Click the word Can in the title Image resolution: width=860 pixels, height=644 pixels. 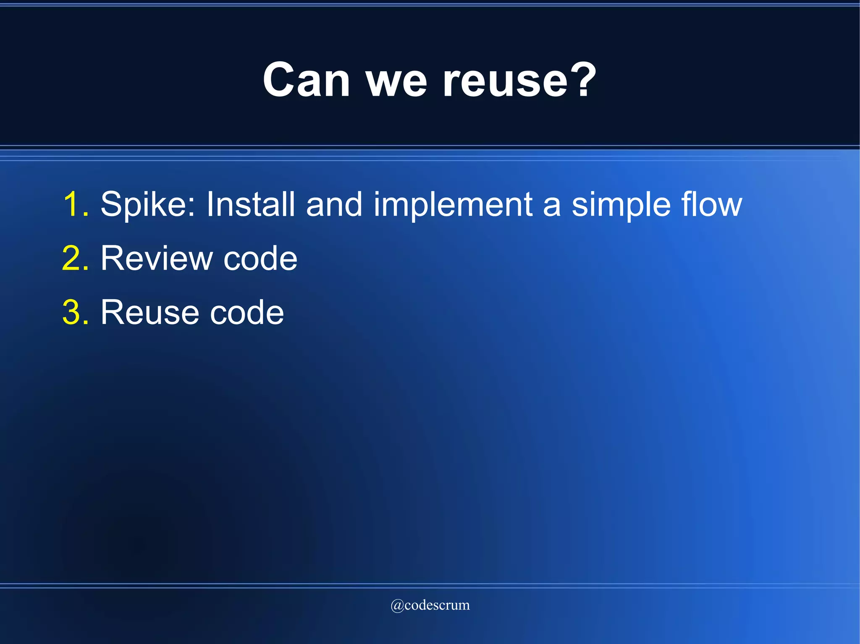tap(306, 80)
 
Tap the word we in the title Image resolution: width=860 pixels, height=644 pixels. tap(396, 82)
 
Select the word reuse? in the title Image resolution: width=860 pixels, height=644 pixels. tap(519, 80)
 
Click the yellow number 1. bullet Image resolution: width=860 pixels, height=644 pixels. tap(76, 204)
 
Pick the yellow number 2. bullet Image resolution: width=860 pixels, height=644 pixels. tap(76, 258)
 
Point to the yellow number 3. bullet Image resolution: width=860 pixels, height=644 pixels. tap(76, 313)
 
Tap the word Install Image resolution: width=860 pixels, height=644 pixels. tap(250, 204)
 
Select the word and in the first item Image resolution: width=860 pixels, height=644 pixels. tap(334, 204)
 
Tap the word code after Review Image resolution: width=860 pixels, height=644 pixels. tap(260, 258)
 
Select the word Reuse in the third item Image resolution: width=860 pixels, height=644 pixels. tap(149, 313)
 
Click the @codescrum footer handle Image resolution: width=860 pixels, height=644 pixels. tap(430, 605)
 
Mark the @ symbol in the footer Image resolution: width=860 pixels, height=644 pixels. tap(397, 605)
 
